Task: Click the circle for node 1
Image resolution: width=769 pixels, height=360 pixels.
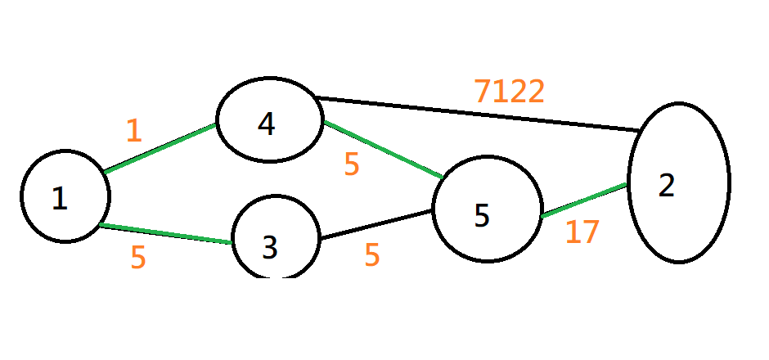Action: coord(65,196)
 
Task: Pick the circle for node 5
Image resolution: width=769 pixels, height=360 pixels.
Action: coord(487,210)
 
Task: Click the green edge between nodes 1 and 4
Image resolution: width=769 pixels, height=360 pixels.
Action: coord(160,148)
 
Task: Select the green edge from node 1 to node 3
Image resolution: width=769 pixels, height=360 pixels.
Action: coord(164,233)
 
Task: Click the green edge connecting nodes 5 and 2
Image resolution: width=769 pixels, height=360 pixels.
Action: coord(584,201)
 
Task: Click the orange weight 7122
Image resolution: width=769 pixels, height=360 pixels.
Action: coord(509,92)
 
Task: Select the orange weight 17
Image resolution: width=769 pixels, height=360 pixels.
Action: coord(582,233)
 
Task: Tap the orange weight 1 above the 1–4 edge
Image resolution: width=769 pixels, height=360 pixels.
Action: coord(134,131)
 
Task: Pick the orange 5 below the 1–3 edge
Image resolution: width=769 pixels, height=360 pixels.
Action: coord(138,258)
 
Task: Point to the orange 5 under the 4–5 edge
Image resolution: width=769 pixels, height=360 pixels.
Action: coord(352,165)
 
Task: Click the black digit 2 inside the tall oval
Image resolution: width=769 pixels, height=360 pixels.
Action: coord(667,186)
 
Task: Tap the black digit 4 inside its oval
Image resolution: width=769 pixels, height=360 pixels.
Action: coord(266,124)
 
